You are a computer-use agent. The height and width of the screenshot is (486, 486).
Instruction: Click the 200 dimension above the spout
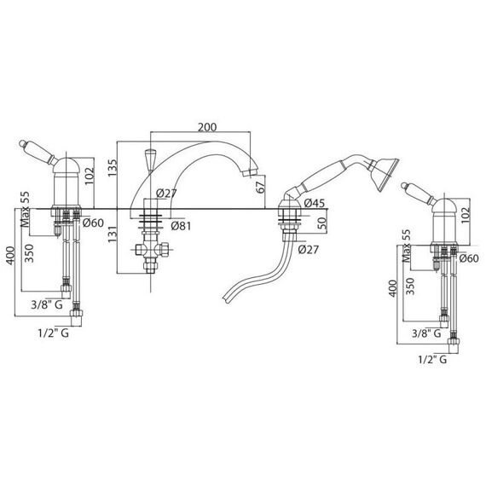pyautogui.click(x=207, y=127)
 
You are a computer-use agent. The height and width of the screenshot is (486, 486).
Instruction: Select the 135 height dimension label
pyautogui.click(x=113, y=168)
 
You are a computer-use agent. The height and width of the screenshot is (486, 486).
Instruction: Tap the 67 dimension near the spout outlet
pyautogui.click(x=261, y=187)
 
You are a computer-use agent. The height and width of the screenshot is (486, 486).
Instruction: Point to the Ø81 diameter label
pyautogui.click(x=181, y=226)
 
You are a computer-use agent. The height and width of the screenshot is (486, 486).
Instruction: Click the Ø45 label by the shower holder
pyautogui.click(x=315, y=203)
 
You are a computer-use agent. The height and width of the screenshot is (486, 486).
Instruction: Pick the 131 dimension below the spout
pyautogui.click(x=113, y=234)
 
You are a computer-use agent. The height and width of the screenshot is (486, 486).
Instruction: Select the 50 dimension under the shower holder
pyautogui.click(x=322, y=223)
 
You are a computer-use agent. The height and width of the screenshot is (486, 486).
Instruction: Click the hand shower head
pyautogui.click(x=385, y=174)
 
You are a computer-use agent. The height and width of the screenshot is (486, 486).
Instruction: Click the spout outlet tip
pyautogui.click(x=250, y=172)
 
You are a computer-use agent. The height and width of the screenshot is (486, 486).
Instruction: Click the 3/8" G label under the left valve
pyautogui.click(x=47, y=305)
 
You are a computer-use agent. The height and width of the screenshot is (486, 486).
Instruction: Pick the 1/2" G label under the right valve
pyautogui.click(x=432, y=360)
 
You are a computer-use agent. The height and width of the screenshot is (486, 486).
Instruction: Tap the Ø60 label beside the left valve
pyautogui.click(x=93, y=223)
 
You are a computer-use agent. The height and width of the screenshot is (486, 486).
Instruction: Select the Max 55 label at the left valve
pyautogui.click(x=25, y=209)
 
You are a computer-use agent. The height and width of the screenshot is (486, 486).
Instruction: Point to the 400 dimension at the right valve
pyautogui.click(x=393, y=288)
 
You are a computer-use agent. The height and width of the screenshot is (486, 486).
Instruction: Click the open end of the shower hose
pyautogui.click(x=226, y=298)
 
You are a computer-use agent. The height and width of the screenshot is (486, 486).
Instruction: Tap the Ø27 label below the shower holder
pyautogui.click(x=309, y=250)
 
